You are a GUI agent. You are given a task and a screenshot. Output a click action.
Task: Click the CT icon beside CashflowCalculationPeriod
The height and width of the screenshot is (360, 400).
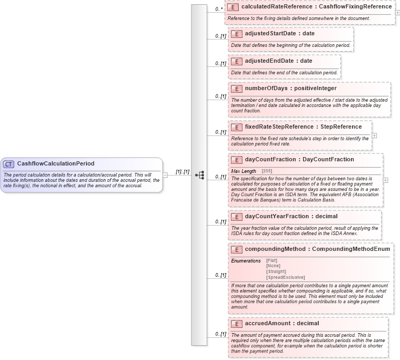tap(9, 164)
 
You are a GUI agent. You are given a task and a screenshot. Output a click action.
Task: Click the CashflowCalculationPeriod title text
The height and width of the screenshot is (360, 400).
tap(56, 164)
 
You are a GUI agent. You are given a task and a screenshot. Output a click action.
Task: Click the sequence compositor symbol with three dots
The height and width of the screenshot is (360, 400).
tap(199, 175)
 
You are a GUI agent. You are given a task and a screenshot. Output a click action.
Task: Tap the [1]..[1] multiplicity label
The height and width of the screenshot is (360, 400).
tap(182, 172)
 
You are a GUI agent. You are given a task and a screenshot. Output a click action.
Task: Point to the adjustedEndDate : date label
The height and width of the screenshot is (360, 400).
tap(278, 61)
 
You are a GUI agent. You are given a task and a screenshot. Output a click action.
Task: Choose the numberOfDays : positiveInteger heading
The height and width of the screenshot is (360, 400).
tap(290, 89)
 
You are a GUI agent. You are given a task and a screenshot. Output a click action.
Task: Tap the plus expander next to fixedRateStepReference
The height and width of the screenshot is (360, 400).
tap(374, 135)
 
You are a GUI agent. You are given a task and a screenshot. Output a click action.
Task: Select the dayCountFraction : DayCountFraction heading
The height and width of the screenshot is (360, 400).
tap(299, 160)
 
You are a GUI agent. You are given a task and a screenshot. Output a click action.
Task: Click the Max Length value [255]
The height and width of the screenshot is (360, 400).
tap(267, 171)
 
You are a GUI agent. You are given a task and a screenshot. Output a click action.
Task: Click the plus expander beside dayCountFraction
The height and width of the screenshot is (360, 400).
tap(385, 180)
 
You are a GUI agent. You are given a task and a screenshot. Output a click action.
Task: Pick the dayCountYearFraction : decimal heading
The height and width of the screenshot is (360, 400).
tap(291, 217)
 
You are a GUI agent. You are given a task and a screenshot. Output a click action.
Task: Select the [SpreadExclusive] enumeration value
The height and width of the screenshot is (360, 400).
tap(286, 277)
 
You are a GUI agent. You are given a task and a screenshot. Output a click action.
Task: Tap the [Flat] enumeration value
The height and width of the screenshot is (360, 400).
tap(272, 260)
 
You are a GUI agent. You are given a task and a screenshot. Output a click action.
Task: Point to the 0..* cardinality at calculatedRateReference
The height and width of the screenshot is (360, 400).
tap(219, 9)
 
